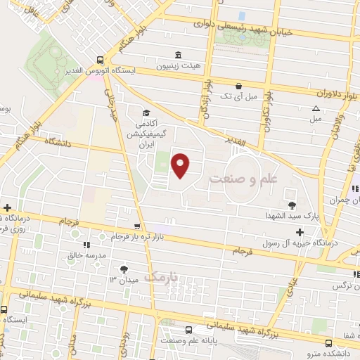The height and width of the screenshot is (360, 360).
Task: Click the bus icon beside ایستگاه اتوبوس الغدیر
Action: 101,60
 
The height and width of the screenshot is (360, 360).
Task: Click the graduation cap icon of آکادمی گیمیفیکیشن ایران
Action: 146,112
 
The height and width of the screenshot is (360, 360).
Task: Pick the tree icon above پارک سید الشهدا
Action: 292,205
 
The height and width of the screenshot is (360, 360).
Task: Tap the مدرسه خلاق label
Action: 89,256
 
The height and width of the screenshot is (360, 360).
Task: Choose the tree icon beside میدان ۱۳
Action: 124,269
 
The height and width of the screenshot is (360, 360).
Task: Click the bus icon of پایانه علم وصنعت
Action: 188,330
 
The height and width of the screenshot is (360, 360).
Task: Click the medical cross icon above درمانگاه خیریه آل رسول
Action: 300,232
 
